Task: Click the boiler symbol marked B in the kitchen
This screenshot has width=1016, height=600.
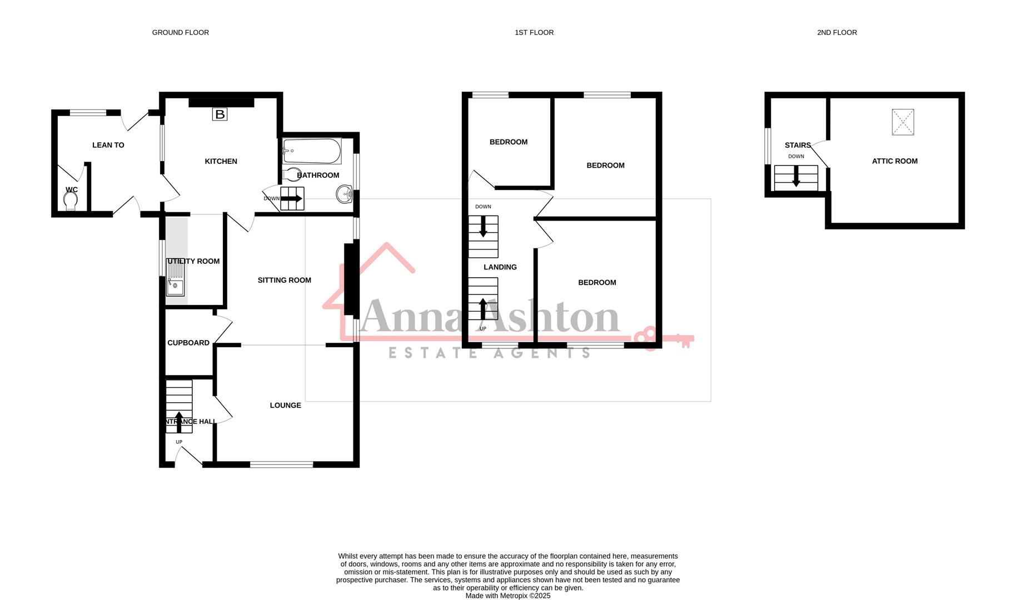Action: [x=220, y=114]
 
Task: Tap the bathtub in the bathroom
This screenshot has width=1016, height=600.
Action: [x=311, y=151]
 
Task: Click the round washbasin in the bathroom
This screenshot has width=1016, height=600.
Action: [x=345, y=194]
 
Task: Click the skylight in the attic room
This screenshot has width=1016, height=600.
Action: [x=903, y=122]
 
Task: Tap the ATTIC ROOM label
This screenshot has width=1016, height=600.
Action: [x=894, y=161]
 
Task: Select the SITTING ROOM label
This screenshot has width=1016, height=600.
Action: [x=284, y=280]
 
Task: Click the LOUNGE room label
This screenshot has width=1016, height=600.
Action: [x=285, y=406]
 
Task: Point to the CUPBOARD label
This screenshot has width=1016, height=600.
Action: [x=188, y=343]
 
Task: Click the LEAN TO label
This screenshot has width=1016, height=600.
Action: [x=108, y=145]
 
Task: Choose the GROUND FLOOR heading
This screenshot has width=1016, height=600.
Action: [x=180, y=33]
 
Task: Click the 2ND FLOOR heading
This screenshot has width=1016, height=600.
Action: [x=836, y=33]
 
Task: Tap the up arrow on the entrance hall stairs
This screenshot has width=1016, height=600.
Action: [x=179, y=421]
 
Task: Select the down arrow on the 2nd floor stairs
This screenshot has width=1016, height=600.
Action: [x=796, y=177]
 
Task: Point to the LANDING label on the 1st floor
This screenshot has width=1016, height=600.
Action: [x=500, y=267]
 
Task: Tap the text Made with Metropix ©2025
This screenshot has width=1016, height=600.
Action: [x=507, y=596]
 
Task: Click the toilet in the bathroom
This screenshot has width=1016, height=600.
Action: [x=291, y=174]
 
